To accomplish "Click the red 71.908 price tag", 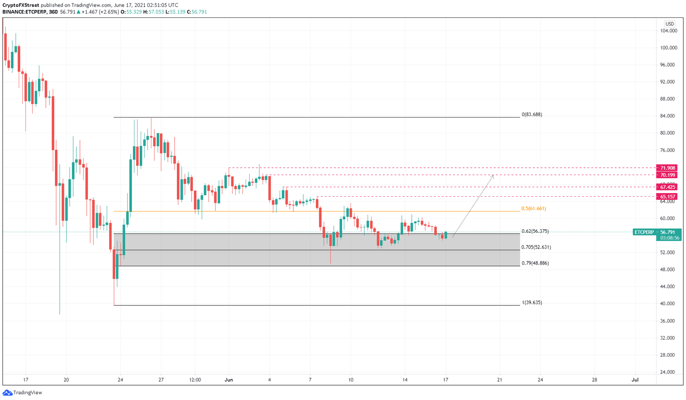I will pos(666,168).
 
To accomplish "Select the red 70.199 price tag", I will pos(666,175).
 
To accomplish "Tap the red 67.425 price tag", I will pos(666,187).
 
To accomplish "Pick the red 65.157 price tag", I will pos(666,197).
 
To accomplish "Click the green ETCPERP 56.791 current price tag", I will pos(657,232).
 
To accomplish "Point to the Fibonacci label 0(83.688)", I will pos(531,115).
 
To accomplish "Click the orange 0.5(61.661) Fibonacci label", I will pos(533,209).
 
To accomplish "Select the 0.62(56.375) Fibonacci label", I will pos(535,232).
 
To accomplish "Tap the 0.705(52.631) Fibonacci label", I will pos(535,247).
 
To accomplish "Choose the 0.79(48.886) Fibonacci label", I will pos(535,263).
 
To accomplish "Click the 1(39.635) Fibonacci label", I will pos(531,303).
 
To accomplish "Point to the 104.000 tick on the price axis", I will pos(669,31).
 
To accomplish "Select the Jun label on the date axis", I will pos(229,380).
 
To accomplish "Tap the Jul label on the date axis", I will pos(635,380).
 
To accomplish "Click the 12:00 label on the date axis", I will pos(195,380).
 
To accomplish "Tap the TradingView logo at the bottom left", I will pos(22,393).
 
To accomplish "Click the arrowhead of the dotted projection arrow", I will pos(493,176).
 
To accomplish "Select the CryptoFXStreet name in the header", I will pos(21,5).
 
